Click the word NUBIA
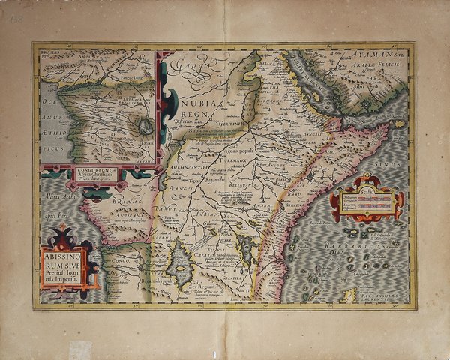pyautogui.click(x=196, y=100)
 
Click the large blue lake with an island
pyautogui.click(x=180, y=265)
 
